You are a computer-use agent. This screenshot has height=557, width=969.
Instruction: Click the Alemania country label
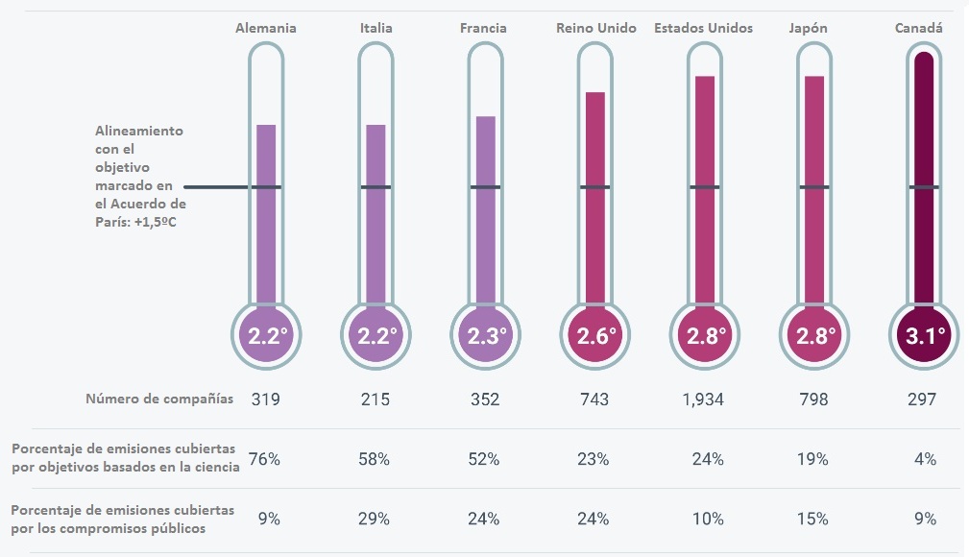pyautogui.click(x=266, y=28)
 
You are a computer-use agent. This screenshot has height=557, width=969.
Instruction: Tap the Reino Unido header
pyautogui.click(x=595, y=28)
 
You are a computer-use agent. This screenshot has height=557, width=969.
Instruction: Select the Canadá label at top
pyautogui.click(x=918, y=28)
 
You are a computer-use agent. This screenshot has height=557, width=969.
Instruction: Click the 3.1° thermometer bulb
pyautogui.click(x=924, y=335)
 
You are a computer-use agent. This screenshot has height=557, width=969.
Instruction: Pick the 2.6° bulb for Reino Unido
pyautogui.click(x=595, y=335)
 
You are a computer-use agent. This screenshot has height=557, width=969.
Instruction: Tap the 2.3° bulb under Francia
pyautogui.click(x=485, y=335)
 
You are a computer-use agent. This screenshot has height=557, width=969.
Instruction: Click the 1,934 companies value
pyautogui.click(x=704, y=400)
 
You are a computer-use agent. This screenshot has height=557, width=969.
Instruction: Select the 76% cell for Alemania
pyautogui.click(x=264, y=459)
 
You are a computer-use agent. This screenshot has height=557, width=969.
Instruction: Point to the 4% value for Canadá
pyautogui.click(x=925, y=459)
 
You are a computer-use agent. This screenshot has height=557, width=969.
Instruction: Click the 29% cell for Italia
pyautogui.click(x=375, y=519)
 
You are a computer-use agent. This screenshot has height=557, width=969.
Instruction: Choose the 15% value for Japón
pyautogui.click(x=814, y=519)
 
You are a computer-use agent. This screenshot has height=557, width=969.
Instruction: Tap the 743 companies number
pyautogui.click(x=594, y=400)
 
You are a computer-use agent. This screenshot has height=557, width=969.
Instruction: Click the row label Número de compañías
pyautogui.click(x=159, y=400)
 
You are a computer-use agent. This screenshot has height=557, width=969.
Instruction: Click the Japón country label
pyautogui.click(x=813, y=28)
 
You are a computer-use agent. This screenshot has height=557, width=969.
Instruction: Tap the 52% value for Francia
pyautogui.click(x=485, y=459)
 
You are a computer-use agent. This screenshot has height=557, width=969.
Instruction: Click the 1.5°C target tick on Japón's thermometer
pyautogui.click(x=814, y=186)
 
